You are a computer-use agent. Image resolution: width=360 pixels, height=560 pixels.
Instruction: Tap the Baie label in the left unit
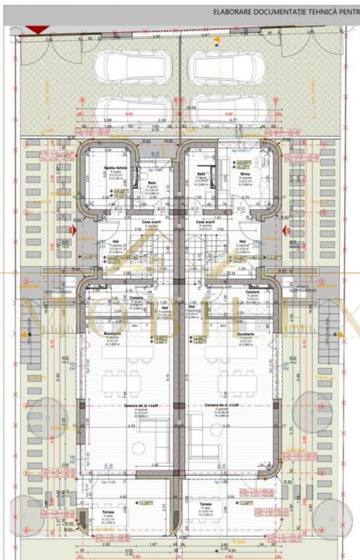(x=152, y=184)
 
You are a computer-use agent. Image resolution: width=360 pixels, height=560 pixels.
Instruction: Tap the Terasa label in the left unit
(x=107, y=512)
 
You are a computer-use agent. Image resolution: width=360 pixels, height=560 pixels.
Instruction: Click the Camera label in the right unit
(x=252, y=292)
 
